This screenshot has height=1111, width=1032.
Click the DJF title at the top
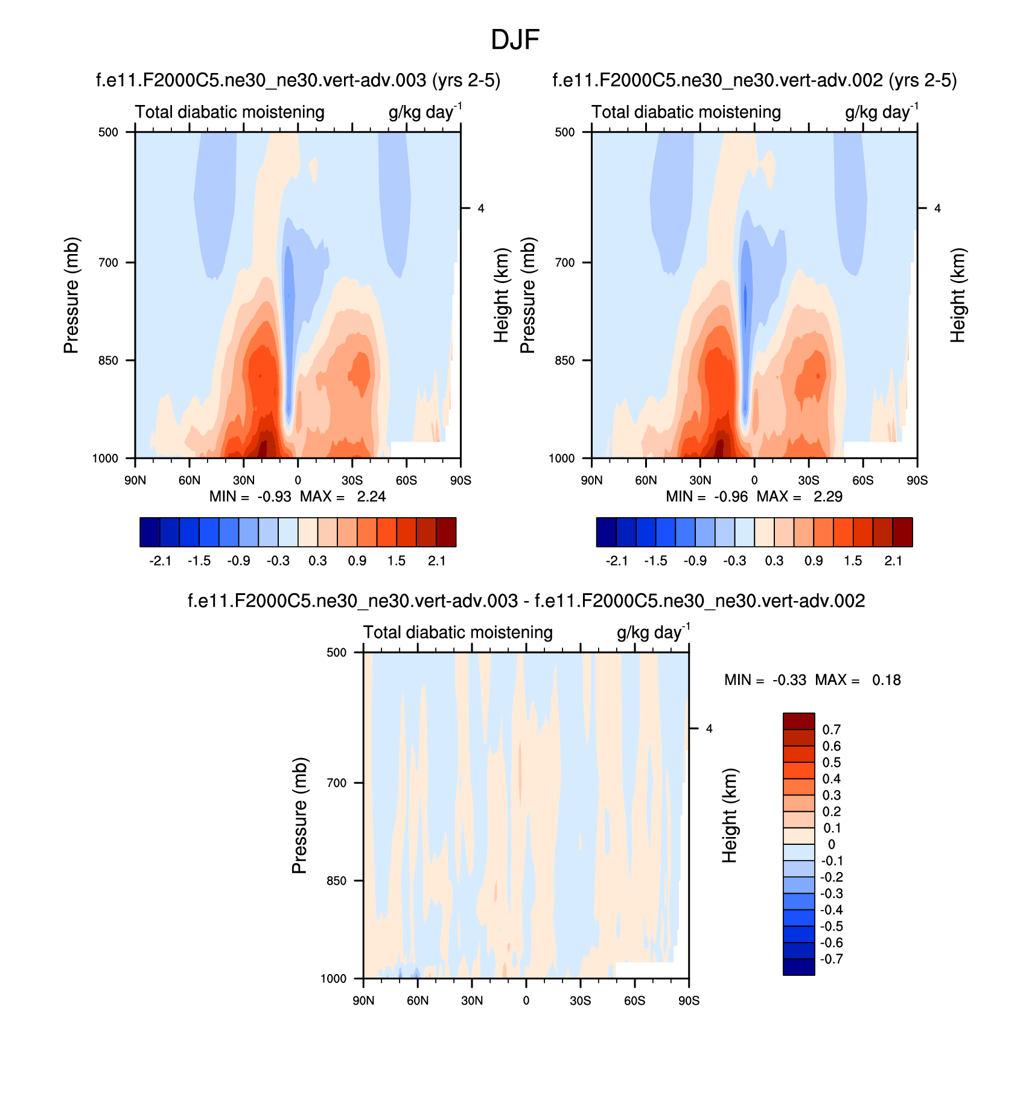(515, 40)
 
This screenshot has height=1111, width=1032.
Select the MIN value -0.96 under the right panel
(731, 497)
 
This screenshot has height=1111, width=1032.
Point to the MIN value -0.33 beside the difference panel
(789, 680)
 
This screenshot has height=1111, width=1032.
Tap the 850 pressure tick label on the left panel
(109, 361)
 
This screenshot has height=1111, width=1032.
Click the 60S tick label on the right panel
(863, 480)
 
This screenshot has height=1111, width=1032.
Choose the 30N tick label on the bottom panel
(472, 1001)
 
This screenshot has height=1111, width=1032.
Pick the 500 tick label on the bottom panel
(337, 652)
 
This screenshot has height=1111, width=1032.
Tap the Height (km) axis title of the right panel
(958, 295)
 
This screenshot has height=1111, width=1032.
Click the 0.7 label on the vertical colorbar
(832, 730)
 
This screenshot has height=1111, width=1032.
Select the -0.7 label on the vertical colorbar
(832, 960)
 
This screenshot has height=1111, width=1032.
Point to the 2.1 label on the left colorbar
(437, 561)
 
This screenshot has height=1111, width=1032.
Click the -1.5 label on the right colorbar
(655, 561)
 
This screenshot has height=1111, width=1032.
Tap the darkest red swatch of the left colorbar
(446, 532)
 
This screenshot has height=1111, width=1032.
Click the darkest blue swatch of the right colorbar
(606, 532)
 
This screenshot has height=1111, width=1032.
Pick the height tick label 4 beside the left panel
(481, 209)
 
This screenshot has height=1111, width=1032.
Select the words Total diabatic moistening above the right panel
(686, 112)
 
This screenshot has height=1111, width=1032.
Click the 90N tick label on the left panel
(135, 480)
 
